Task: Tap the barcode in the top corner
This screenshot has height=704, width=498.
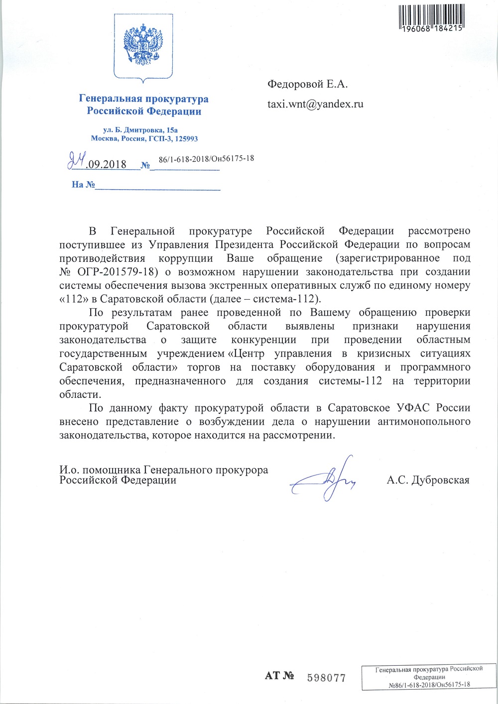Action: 431,16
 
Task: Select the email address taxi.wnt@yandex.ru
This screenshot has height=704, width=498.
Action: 315,104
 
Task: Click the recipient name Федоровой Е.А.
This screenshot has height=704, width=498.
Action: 307,84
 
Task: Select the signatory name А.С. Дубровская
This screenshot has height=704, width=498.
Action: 428,480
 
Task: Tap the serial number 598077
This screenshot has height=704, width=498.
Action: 326,678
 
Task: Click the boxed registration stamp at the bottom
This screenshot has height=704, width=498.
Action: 429,677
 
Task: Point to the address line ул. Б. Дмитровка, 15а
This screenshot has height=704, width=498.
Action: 143,129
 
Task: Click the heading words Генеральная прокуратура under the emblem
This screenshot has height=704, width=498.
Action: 143,99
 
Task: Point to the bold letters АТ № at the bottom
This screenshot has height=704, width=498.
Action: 279,676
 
